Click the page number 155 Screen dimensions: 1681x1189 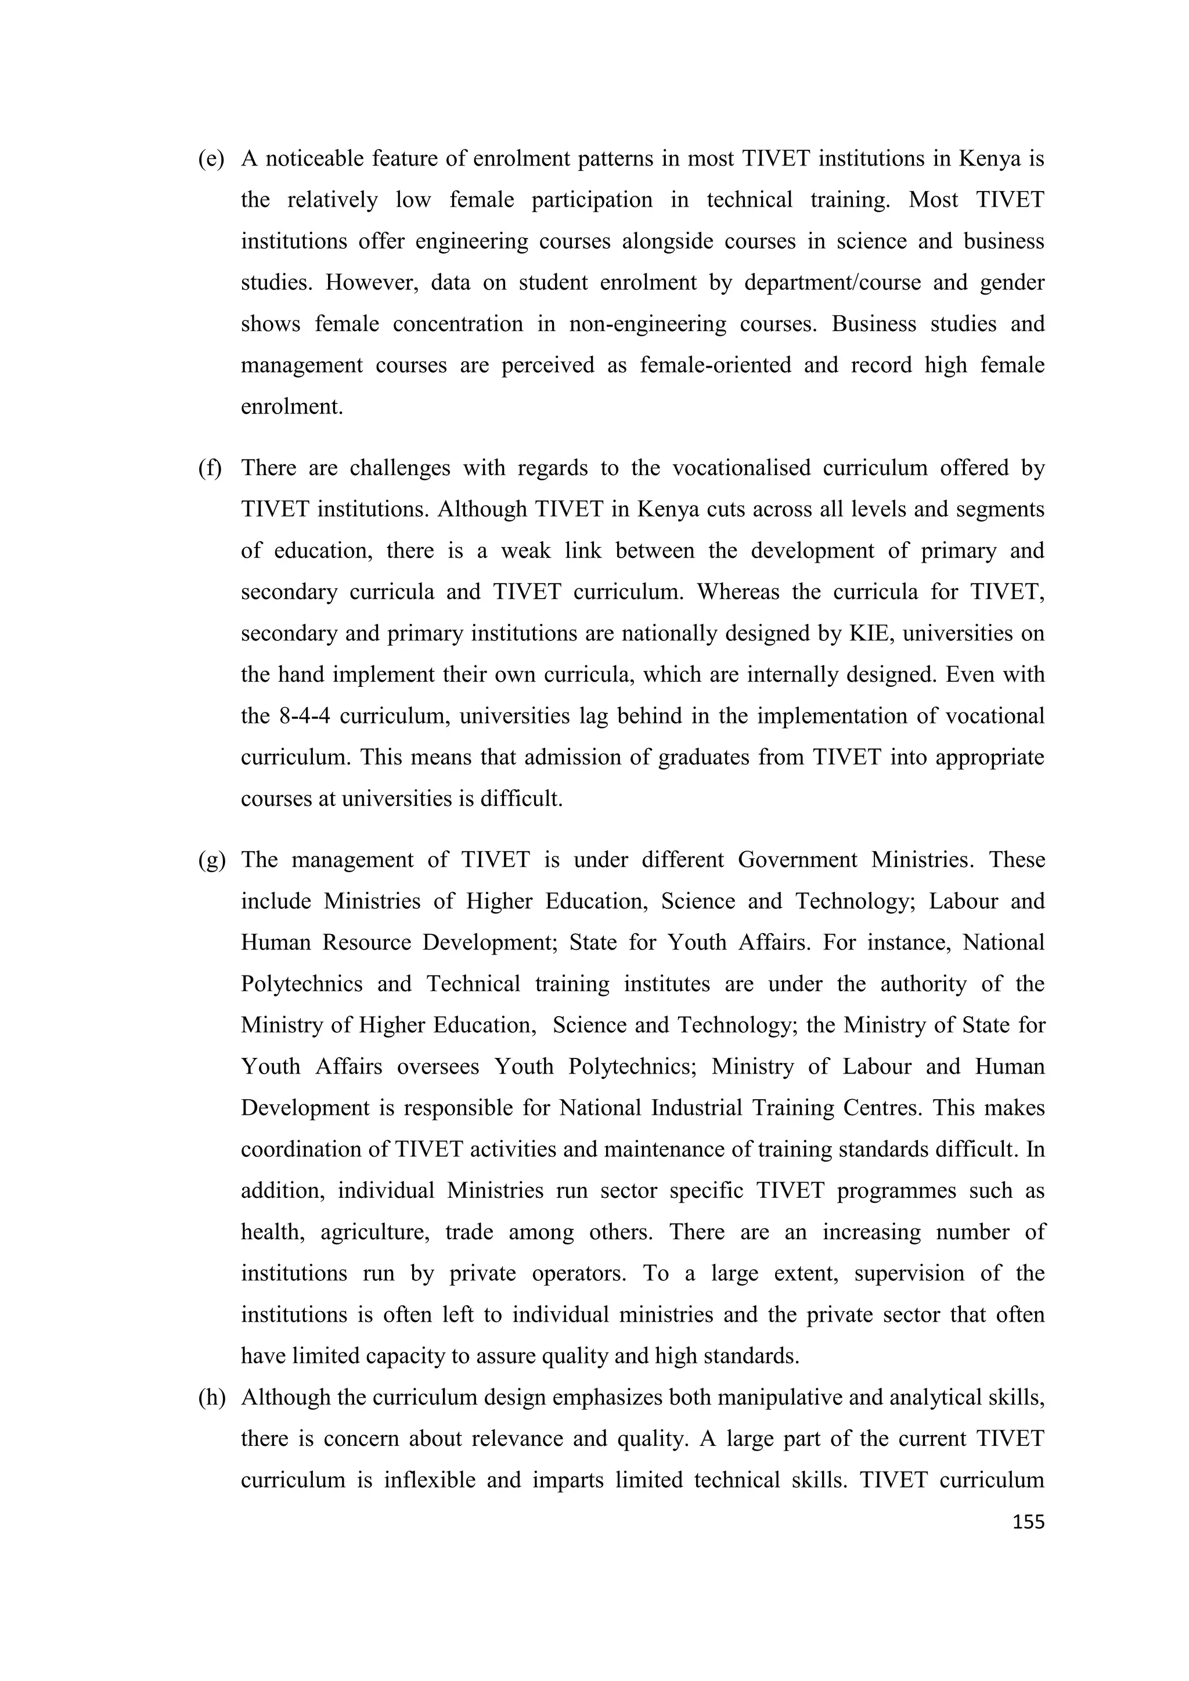1028,1522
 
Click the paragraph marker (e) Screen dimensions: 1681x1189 211,159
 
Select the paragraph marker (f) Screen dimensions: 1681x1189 210,468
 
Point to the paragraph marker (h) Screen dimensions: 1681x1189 211,1398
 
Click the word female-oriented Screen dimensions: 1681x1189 715,365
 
